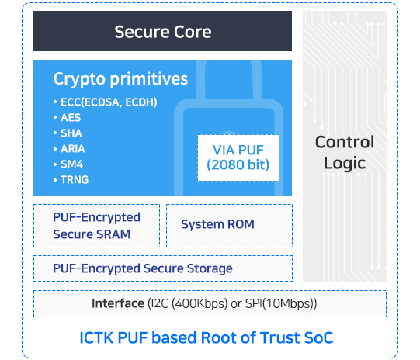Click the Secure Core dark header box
click(162, 31)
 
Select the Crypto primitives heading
click(120, 79)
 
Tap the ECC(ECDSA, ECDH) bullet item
click(106, 102)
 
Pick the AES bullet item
click(67, 118)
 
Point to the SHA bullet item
click(68, 133)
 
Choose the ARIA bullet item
click(69, 149)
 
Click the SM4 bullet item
click(68, 164)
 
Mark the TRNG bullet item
click(71, 180)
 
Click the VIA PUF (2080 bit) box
click(238, 158)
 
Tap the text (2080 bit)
click(238, 165)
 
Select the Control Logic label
click(345, 153)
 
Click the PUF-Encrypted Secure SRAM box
click(97, 226)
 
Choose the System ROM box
click(229, 226)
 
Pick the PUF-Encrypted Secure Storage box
click(163, 268)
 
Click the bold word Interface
click(118, 303)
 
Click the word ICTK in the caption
click(96, 337)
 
